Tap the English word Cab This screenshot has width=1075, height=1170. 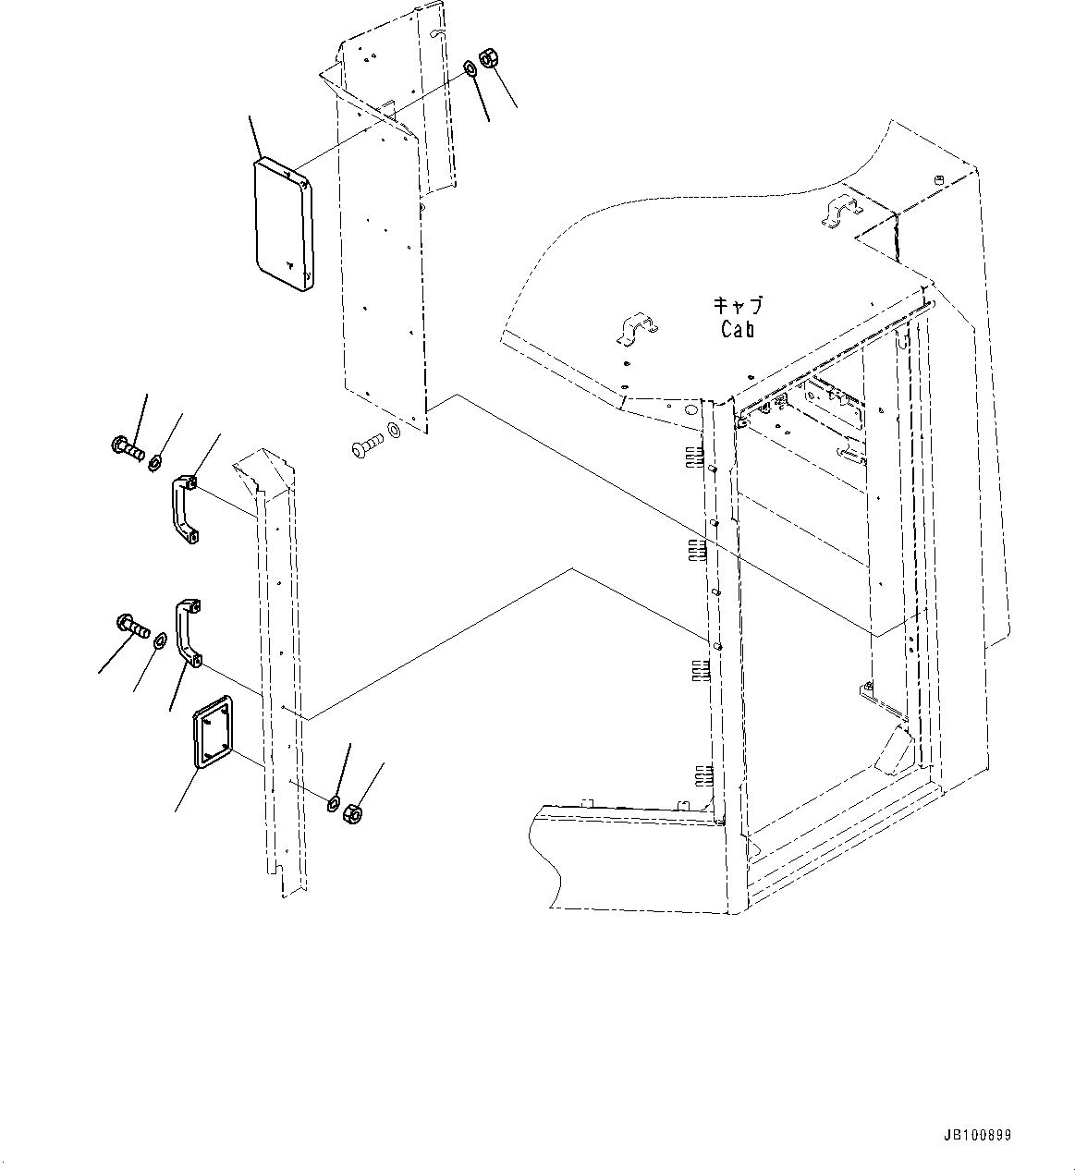click(737, 329)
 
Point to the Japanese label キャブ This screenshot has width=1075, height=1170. click(738, 305)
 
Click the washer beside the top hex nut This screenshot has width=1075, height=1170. click(470, 67)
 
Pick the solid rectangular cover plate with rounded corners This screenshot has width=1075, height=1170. click(283, 225)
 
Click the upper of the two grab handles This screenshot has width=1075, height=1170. click(185, 508)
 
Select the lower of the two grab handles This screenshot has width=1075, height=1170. click(189, 634)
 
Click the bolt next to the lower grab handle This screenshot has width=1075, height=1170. click(133, 627)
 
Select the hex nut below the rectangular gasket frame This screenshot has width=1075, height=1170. click(351, 813)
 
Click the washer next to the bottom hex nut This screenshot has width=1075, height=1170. click(333, 800)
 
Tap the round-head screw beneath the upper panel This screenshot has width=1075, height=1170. click(365, 449)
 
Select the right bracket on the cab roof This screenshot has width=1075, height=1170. click(839, 211)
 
